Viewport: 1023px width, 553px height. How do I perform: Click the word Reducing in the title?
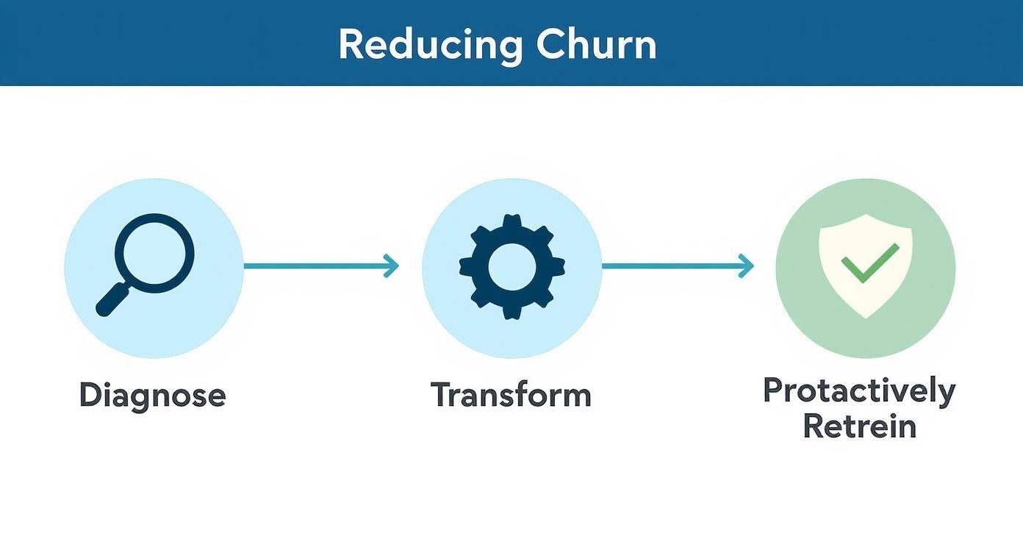pos(430,45)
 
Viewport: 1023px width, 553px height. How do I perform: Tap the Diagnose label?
pos(152,396)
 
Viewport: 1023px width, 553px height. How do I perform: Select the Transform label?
pos(511,395)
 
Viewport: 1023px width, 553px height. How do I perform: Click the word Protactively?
pos(859,390)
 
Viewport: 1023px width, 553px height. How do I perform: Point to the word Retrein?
pos(859,427)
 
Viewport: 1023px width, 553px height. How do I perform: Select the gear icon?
pos(511,266)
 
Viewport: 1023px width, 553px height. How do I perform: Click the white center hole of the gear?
pos(511,266)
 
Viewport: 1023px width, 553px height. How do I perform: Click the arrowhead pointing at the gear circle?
pos(392,266)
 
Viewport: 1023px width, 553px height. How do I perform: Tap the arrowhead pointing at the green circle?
pos(747,266)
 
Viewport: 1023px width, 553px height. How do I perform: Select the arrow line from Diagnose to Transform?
pos(316,266)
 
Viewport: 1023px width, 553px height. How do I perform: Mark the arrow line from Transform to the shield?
pos(672,266)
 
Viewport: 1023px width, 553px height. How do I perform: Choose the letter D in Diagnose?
pos(89,396)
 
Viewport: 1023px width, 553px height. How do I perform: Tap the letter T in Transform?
pos(439,395)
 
